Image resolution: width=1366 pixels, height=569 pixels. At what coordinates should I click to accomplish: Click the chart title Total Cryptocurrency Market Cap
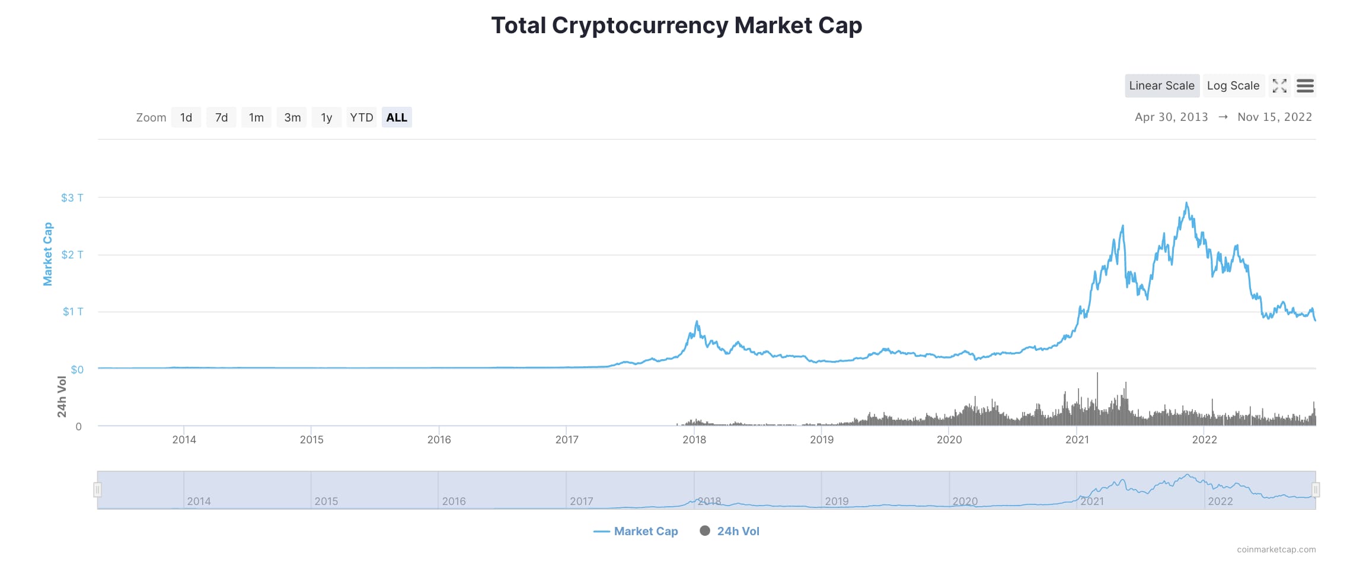click(676, 25)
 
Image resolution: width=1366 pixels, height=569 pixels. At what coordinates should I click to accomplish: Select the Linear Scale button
click(1161, 86)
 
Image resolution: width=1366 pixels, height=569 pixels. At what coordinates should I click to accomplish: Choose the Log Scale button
click(1233, 86)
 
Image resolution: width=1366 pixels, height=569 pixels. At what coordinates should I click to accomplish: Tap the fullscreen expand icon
click(1279, 86)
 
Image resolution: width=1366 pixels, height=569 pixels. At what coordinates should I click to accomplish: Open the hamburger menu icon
click(1305, 86)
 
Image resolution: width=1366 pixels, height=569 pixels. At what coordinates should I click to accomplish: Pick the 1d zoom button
click(186, 117)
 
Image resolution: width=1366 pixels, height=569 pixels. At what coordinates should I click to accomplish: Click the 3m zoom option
click(292, 117)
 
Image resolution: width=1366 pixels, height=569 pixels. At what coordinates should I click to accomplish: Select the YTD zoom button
click(361, 117)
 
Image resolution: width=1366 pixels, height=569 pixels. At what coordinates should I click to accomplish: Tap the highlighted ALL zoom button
click(397, 117)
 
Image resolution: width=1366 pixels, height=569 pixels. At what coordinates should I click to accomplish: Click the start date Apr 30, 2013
click(1171, 117)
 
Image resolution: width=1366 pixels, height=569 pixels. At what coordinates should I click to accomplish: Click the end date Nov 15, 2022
click(1274, 117)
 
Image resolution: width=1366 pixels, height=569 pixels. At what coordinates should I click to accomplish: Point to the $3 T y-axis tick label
click(72, 198)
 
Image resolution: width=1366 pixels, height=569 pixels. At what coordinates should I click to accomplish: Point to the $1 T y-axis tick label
click(73, 312)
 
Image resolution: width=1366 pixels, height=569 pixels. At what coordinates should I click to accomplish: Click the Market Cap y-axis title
click(48, 254)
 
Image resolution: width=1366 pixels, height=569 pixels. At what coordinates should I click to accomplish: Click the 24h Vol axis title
click(62, 397)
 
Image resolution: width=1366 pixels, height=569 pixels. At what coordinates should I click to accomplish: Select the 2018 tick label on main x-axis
click(694, 440)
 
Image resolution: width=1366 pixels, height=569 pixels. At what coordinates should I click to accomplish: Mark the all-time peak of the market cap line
click(1186, 203)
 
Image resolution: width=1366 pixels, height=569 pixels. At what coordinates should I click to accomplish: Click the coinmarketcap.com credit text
click(1276, 549)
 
